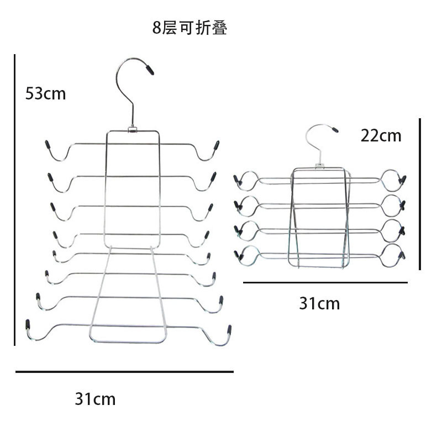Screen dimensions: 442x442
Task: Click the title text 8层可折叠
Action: [x=190, y=28]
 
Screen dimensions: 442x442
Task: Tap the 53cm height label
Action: [x=45, y=93]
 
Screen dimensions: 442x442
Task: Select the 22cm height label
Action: [x=381, y=135]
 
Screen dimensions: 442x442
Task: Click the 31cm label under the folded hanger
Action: [x=319, y=303]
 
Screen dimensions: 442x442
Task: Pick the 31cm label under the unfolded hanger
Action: [x=95, y=398]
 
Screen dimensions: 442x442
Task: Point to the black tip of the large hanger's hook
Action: [x=149, y=70]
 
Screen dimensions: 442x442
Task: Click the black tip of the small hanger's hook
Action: [x=335, y=130]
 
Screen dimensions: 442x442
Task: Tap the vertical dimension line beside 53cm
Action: [x=15, y=199]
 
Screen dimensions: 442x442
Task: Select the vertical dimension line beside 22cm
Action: [x=420, y=193]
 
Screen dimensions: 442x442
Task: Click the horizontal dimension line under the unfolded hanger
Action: [x=124, y=372]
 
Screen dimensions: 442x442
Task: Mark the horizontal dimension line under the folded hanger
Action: [x=325, y=282]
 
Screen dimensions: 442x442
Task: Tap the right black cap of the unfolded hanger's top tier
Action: [x=217, y=145]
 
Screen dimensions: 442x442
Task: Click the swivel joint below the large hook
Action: [x=133, y=130]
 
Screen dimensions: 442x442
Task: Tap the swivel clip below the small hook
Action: [x=319, y=165]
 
